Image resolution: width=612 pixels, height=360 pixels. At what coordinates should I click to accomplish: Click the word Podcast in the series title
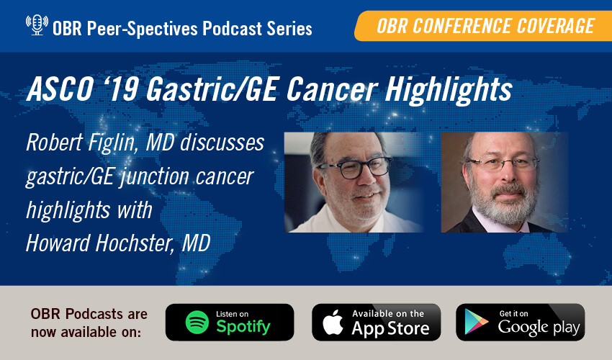coord(207,28)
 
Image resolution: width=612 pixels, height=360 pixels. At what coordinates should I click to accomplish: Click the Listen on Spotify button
coord(230,322)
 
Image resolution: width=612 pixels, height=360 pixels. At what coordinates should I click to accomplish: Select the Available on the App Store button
coord(375,322)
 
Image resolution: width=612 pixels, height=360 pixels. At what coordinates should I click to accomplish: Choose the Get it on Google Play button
coord(520,322)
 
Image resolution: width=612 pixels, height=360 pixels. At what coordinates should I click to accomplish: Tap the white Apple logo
coord(333,322)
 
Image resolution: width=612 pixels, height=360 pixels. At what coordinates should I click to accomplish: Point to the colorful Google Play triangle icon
coord(477,323)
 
